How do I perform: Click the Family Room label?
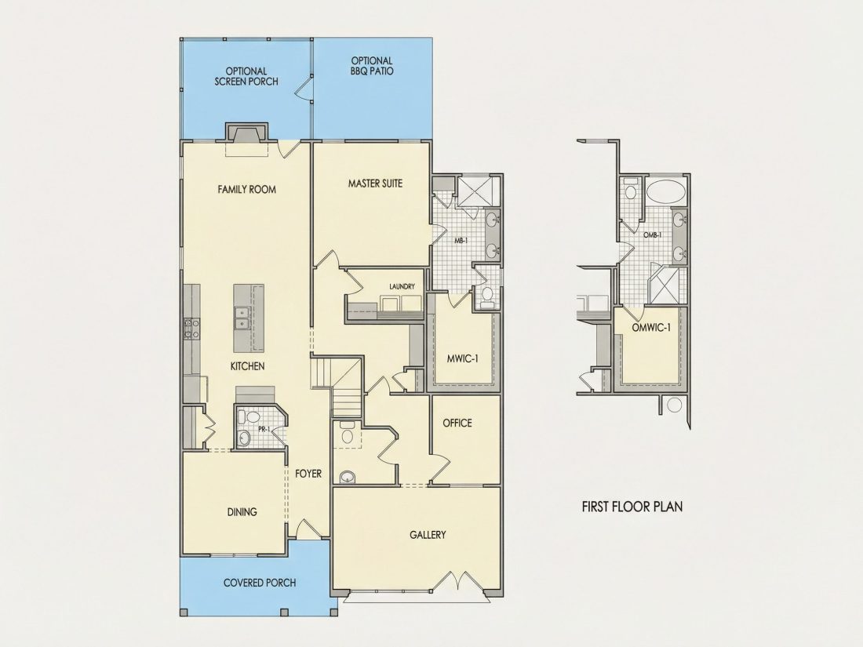click(x=246, y=189)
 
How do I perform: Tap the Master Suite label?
click(x=375, y=184)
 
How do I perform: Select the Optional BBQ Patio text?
click(x=372, y=66)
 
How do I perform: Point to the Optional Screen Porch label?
click(x=246, y=77)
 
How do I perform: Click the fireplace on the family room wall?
click(x=246, y=133)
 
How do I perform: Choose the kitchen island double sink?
click(x=241, y=318)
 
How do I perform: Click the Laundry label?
click(x=402, y=286)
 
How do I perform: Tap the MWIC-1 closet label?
click(x=462, y=358)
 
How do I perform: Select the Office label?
click(x=457, y=423)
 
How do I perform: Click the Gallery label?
click(x=428, y=535)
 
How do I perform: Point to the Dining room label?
click(x=242, y=512)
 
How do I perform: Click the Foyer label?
click(x=308, y=474)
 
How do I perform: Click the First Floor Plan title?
click(x=632, y=507)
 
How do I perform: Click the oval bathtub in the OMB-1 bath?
click(x=666, y=193)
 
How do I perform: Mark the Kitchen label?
click(x=248, y=366)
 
